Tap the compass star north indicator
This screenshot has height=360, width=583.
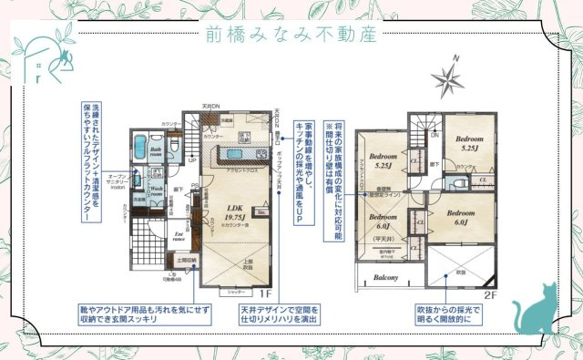pos(449,78)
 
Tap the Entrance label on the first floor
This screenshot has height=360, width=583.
pos(179,236)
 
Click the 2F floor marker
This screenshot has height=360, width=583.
pos(488,294)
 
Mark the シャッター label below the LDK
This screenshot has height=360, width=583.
pos(236,291)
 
